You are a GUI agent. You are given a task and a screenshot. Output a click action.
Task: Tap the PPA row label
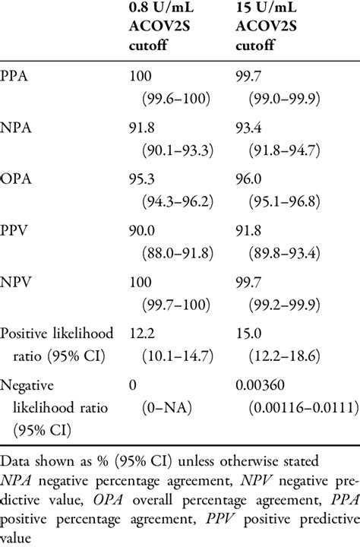(16, 75)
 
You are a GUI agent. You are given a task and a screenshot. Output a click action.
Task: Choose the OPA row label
(17, 183)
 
